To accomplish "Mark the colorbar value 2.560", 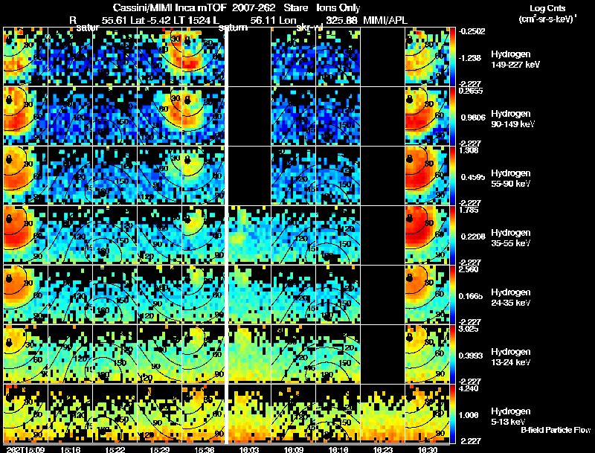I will (x=469, y=269).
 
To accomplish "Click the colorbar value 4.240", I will (x=469, y=388).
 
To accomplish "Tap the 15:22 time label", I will (x=114, y=449).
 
